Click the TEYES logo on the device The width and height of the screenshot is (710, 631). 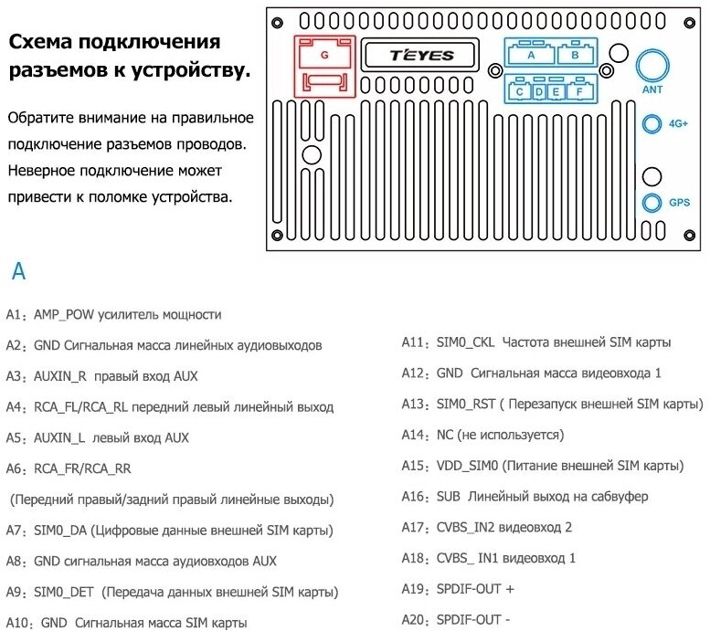click(421, 56)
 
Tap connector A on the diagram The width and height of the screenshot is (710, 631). click(531, 55)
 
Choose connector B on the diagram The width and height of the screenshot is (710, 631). click(575, 55)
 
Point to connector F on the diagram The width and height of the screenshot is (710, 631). click(578, 91)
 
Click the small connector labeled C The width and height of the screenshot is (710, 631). click(520, 91)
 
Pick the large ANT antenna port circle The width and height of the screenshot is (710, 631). click(652, 66)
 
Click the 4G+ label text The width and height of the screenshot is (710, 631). click(678, 123)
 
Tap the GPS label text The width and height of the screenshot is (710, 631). click(679, 203)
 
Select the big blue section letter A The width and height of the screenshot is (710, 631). click(18, 271)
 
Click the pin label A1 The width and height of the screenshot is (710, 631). click(15, 315)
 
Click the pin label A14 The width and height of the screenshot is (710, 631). click(415, 436)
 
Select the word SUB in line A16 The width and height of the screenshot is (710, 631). click(449, 497)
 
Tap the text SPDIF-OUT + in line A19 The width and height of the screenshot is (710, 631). click(475, 589)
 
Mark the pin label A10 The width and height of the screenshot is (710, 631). click(18, 623)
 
